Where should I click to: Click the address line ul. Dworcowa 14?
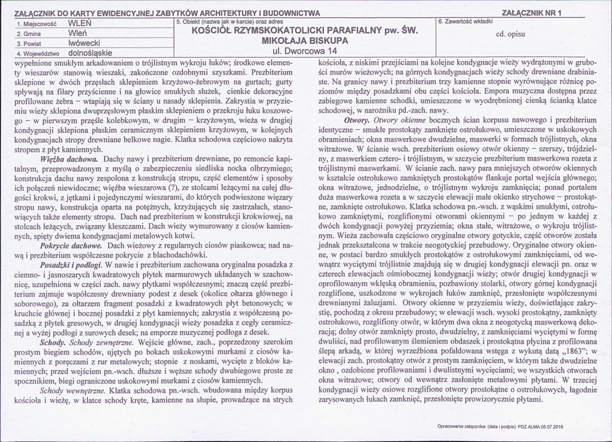click(x=305, y=50)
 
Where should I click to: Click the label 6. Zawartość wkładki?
click(x=465, y=22)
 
